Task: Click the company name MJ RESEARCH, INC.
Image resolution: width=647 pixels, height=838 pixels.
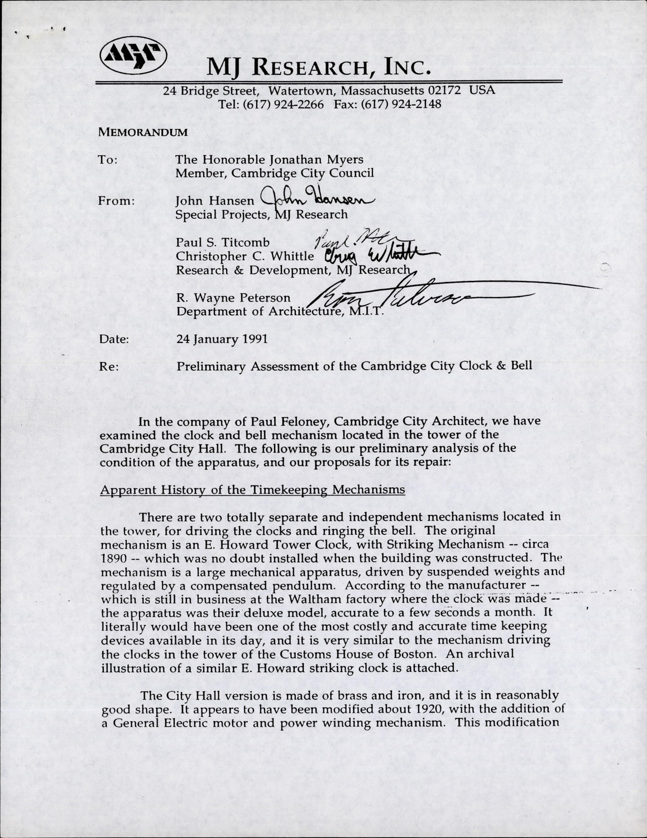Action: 319,68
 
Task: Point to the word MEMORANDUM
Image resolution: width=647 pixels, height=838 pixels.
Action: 143,132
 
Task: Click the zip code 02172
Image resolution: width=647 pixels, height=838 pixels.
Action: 444,91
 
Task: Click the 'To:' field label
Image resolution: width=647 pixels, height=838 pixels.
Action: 108,160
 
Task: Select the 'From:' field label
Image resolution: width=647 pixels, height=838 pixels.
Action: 117,201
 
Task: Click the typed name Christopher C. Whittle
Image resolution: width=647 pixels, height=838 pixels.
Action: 245,256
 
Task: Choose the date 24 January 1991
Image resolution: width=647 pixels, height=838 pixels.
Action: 222,339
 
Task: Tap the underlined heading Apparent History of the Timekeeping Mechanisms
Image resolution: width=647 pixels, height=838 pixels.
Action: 252,490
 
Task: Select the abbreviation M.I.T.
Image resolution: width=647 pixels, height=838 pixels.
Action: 367,312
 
